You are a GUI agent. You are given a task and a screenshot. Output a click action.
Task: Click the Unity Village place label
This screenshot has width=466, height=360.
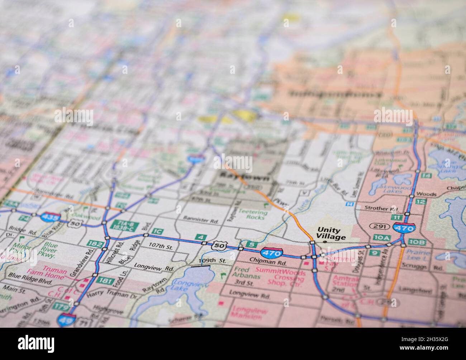point(331,233)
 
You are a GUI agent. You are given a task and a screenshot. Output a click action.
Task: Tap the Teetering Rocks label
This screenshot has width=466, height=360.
point(253,214)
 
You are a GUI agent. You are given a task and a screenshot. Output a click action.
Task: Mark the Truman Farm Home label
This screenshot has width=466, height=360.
point(54,271)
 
